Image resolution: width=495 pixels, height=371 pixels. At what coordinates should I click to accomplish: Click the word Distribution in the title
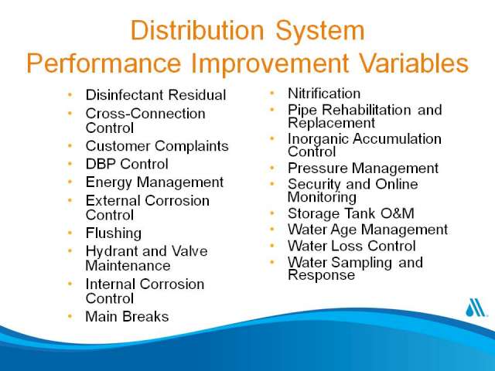point(197,30)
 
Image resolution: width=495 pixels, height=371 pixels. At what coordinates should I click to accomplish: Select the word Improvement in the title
point(270,63)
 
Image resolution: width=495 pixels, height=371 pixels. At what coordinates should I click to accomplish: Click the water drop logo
point(476,308)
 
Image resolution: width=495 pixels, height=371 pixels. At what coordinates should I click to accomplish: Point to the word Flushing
point(114,233)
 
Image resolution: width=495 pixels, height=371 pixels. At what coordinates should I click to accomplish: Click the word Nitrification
point(324,94)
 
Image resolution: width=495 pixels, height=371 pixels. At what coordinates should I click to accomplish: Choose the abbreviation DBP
point(101,164)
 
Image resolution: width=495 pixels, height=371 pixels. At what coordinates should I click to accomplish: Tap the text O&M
point(397,213)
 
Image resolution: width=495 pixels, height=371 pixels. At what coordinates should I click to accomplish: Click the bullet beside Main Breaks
point(70,316)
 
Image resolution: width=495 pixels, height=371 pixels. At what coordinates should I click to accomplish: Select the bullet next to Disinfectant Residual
point(70,94)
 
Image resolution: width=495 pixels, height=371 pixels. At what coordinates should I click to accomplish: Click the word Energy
point(108,183)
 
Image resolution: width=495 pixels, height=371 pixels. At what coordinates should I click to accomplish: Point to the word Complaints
point(192,147)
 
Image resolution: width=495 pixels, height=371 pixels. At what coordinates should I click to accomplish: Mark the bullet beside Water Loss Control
point(271,245)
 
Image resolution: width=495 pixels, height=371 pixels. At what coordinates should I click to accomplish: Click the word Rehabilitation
point(366,110)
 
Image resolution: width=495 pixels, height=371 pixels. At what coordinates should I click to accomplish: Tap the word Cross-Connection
point(145,114)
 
